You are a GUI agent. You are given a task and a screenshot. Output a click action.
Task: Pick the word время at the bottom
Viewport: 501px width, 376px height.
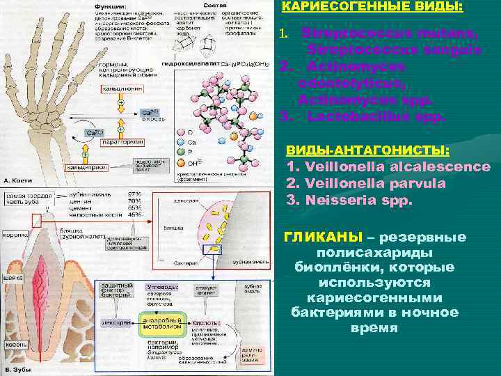(x=374, y=327)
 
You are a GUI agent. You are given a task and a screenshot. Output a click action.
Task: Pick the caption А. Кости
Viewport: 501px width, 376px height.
(x=17, y=180)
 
